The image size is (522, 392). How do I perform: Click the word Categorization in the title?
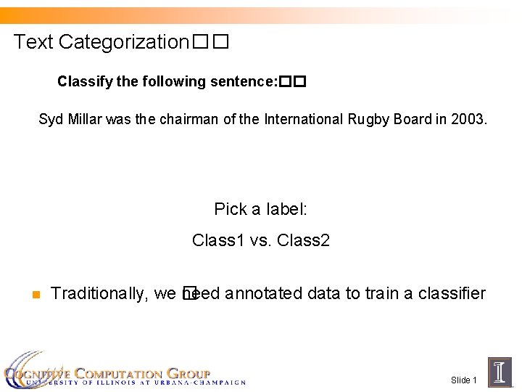tap(124, 42)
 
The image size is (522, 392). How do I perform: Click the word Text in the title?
tap(33, 42)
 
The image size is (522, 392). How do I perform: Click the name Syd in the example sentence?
tap(51, 119)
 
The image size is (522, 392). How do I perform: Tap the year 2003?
tap(470, 119)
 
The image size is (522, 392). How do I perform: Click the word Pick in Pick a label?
tap(230, 210)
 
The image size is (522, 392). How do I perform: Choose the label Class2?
tap(304, 240)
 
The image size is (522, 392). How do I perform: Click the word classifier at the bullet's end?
tap(449, 293)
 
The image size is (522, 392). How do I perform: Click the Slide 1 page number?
tap(464, 380)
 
